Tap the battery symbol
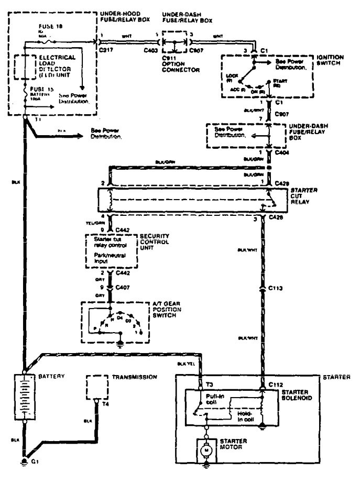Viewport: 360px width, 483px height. (24, 397)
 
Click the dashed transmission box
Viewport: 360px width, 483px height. (96, 388)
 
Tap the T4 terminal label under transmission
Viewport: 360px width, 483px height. (105, 404)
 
